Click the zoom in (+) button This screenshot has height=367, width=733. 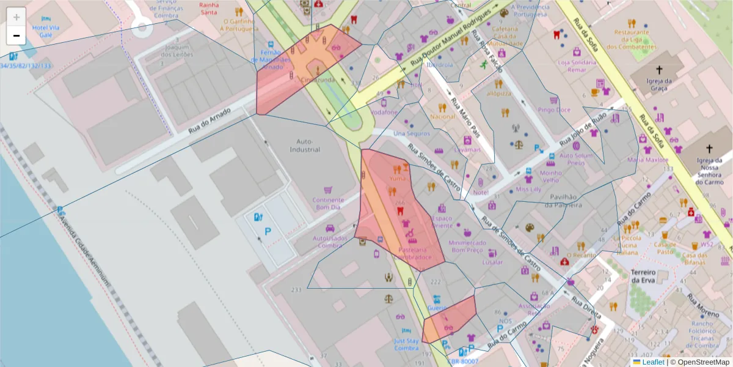(16, 17)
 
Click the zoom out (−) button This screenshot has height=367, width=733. (16, 35)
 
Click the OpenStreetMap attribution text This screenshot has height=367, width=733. (703, 362)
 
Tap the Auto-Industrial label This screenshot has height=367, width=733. (305, 146)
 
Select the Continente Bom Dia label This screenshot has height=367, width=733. (328, 203)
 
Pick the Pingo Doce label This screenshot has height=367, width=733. (554, 110)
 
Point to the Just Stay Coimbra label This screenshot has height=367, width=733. (406, 344)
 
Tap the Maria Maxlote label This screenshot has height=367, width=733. (648, 160)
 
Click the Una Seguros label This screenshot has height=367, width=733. (412, 133)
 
